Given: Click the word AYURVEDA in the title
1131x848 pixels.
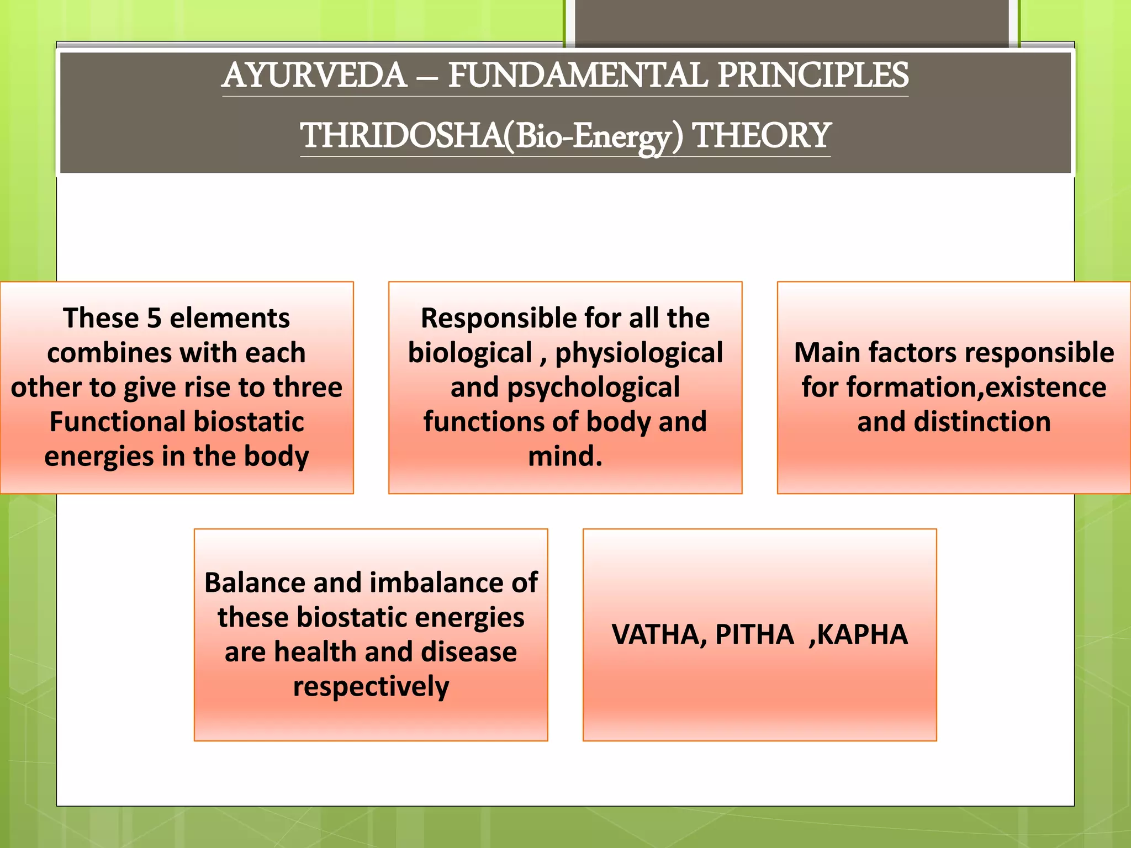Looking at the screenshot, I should tap(314, 76).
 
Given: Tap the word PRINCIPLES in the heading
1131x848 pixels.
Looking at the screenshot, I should tap(813, 76).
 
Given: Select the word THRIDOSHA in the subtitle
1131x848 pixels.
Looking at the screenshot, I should tap(401, 136).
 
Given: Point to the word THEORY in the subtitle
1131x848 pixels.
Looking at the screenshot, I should tap(762, 136).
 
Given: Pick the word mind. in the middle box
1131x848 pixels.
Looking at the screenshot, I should tap(565, 457).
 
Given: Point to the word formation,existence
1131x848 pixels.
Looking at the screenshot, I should tap(976, 388).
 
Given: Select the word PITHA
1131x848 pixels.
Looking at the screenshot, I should tap(754, 635).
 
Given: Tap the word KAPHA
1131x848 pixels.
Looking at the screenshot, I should tap(862, 635).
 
